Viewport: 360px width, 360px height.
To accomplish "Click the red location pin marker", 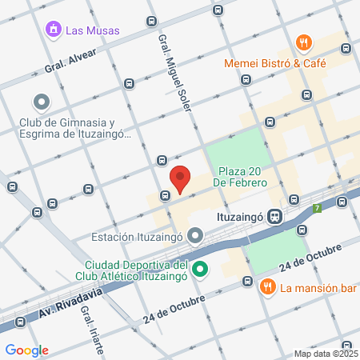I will [x=181, y=178].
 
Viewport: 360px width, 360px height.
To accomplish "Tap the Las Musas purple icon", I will [x=54, y=30].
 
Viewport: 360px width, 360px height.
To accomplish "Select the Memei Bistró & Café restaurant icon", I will [x=303, y=42].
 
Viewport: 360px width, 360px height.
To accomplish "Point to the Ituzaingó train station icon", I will [x=274, y=216].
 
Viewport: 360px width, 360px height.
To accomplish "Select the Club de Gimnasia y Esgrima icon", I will [x=40, y=102].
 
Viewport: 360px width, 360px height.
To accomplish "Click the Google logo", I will [x=26, y=350].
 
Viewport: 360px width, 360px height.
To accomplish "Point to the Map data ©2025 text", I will [x=326, y=354].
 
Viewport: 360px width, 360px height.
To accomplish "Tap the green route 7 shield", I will [x=318, y=209].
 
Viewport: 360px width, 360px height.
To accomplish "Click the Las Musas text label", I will [x=93, y=30].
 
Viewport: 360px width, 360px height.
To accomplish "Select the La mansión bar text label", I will [x=311, y=286].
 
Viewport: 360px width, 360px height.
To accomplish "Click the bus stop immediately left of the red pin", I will [x=166, y=194].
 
